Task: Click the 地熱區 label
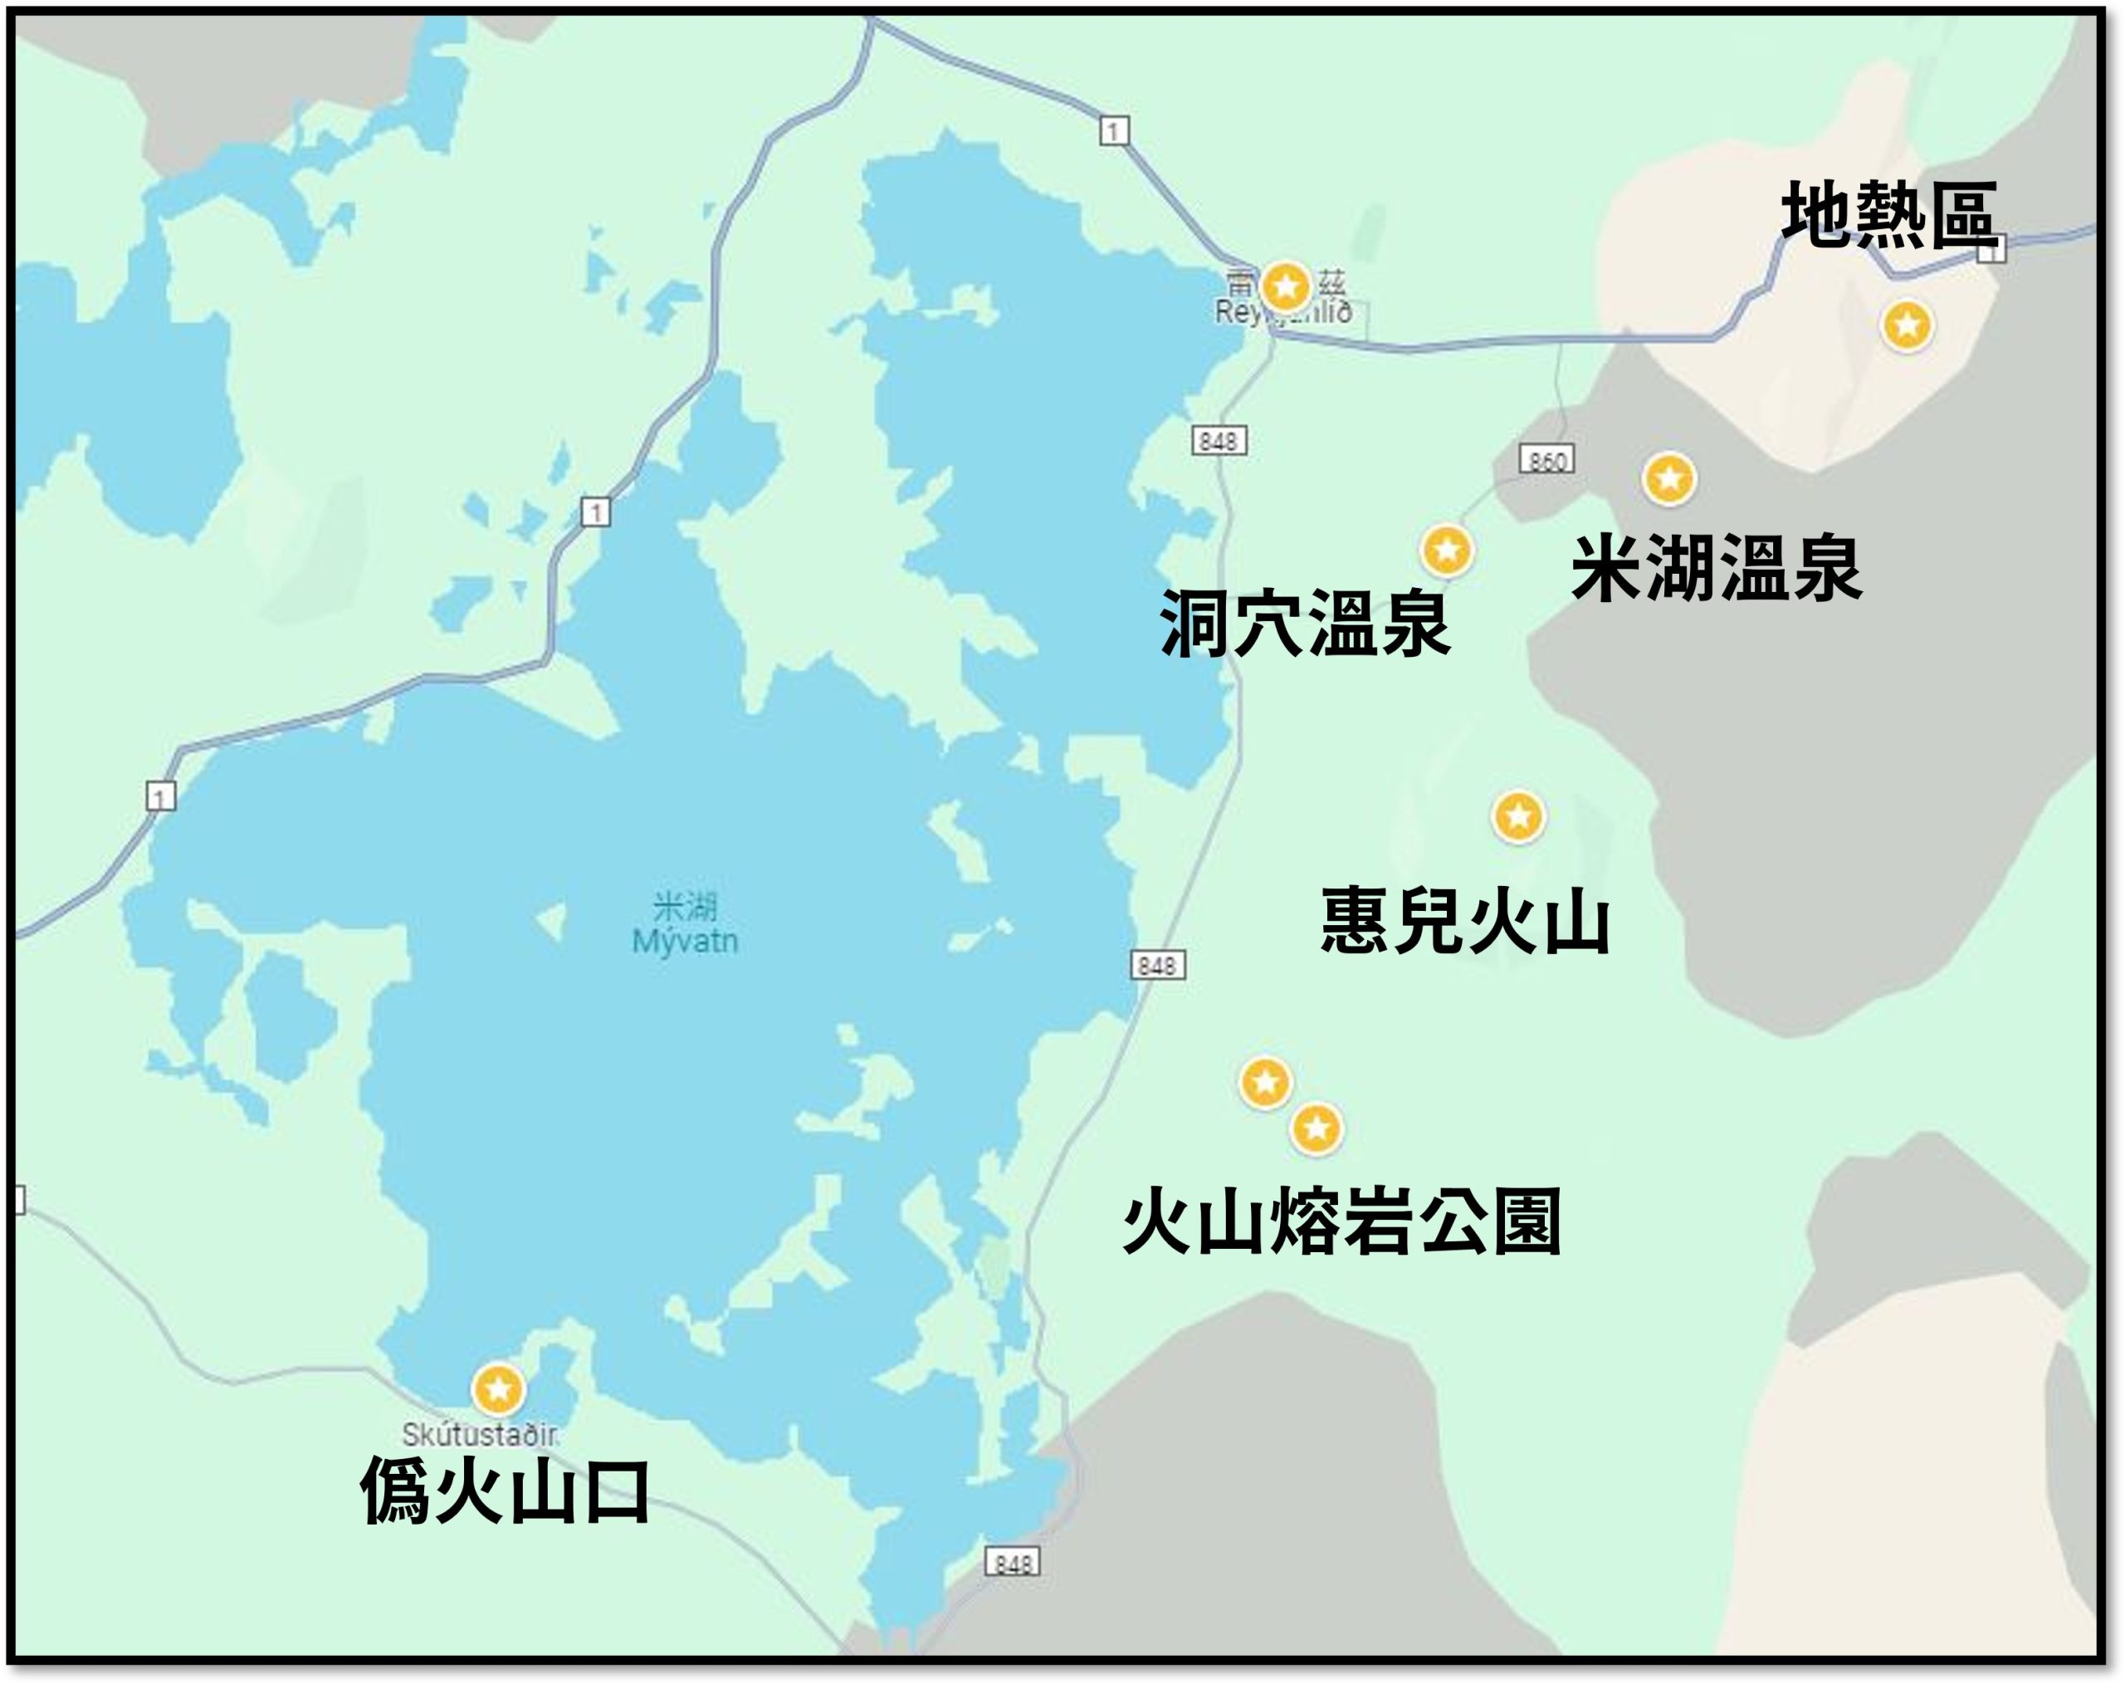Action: click(x=1888, y=214)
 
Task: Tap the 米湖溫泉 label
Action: click(x=1716, y=569)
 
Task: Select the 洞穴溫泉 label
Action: click(x=1304, y=624)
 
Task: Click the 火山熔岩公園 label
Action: click(x=1341, y=1221)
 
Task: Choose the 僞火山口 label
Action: click(x=505, y=1491)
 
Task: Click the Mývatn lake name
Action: click(x=685, y=941)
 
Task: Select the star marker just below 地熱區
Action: click(x=1908, y=325)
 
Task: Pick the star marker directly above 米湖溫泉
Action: click(x=1668, y=479)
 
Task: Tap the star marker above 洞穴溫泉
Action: click(x=1447, y=549)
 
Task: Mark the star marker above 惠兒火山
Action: click(x=1518, y=816)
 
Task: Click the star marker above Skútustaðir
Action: click(x=498, y=1389)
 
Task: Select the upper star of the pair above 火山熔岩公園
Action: click(x=1266, y=1083)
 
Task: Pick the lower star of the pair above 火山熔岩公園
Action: click(x=1316, y=1127)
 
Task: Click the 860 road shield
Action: click(x=1546, y=459)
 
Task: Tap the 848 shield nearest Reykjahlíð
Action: click(x=1219, y=441)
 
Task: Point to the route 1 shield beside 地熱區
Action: click(x=1992, y=252)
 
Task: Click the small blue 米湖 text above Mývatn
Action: click(x=685, y=905)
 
